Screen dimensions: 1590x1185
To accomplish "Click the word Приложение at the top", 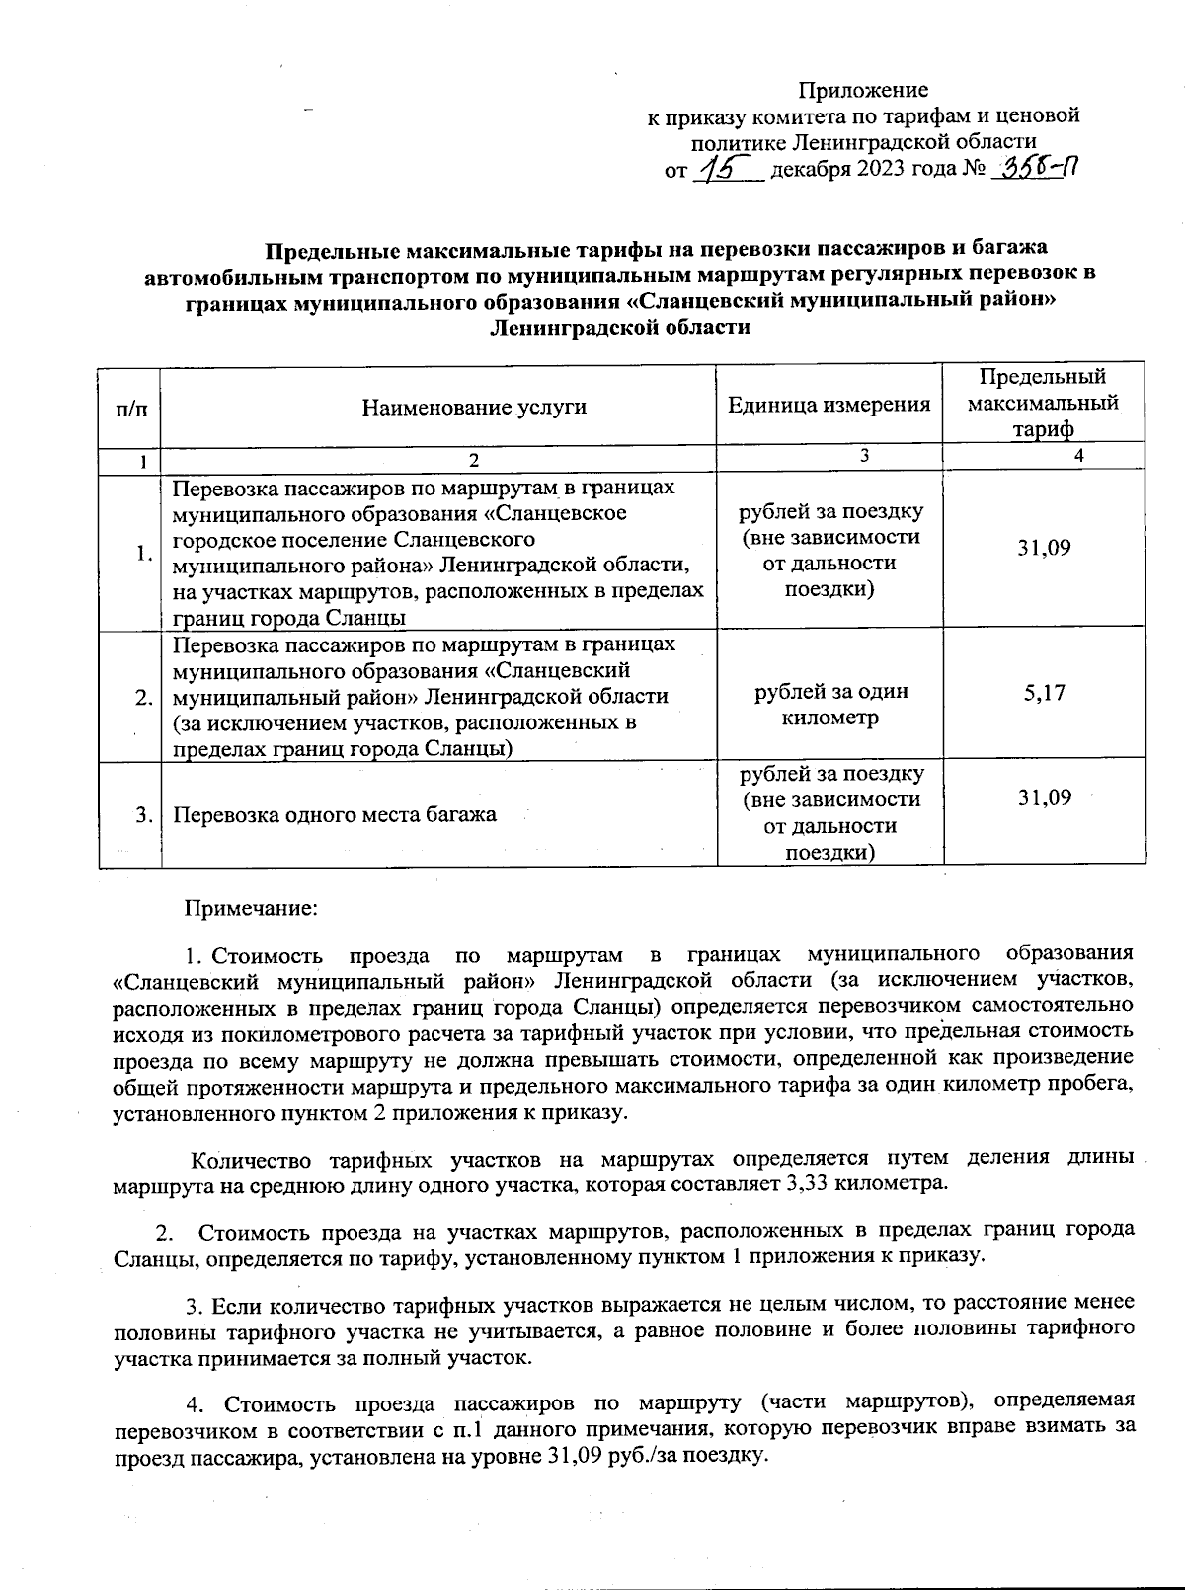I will click(x=863, y=90).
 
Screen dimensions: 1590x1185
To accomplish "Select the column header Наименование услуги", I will click(x=474, y=407).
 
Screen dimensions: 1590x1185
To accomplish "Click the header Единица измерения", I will click(x=829, y=404).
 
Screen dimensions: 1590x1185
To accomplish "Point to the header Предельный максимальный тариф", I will click(x=1043, y=403).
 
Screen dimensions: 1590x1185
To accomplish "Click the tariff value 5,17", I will click(x=1044, y=693).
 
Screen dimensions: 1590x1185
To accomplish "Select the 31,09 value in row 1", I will click(x=1044, y=548).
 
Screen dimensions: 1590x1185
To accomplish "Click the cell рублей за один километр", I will click(x=829, y=705).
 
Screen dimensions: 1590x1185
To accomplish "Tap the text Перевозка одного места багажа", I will click(x=334, y=815).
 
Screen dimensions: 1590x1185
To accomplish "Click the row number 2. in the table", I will click(x=144, y=698).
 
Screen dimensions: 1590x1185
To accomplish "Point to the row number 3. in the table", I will click(x=144, y=815).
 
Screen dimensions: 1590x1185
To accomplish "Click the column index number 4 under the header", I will click(x=1078, y=455).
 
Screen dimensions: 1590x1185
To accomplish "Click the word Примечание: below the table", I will click(x=252, y=907).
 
